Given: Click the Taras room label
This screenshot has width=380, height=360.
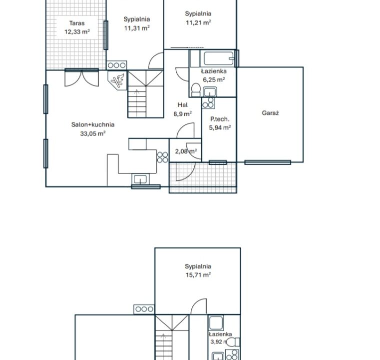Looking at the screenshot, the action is click(77, 23).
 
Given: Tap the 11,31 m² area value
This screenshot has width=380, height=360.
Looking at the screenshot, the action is click(137, 28).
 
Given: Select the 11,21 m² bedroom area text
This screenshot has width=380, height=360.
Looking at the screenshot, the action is click(198, 22).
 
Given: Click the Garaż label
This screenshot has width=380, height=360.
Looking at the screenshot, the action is click(271, 113).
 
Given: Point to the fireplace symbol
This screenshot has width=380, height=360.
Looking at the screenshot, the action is click(117, 80).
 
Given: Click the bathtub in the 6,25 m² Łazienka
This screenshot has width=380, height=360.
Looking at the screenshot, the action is click(217, 58).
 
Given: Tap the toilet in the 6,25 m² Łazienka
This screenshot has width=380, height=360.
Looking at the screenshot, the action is click(195, 90).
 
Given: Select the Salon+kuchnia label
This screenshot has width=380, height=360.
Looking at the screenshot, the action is click(93, 124).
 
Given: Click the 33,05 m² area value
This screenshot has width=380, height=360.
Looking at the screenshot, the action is click(93, 133).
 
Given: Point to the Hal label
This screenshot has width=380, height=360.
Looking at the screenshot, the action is click(182, 105).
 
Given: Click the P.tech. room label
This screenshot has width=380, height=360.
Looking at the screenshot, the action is click(220, 119).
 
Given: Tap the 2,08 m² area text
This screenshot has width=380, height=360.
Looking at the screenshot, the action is click(186, 151).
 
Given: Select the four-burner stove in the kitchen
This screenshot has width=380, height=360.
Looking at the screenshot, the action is click(162, 157).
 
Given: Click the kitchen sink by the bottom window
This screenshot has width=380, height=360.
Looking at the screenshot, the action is click(140, 179).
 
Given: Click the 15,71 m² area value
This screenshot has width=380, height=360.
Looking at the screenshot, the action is click(198, 275).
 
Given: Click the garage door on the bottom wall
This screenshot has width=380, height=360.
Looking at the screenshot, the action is click(268, 162).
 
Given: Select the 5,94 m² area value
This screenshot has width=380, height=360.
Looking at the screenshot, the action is click(220, 127).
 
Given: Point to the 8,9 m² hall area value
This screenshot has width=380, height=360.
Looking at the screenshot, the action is click(183, 114).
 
